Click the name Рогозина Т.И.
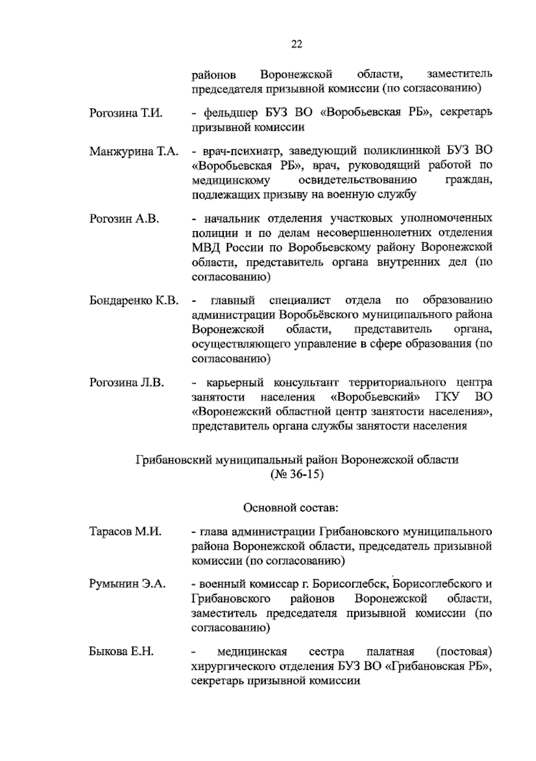(126, 113)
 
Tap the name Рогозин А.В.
(124, 219)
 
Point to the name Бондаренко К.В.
(134, 301)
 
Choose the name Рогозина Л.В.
(127, 383)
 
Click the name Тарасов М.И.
(125, 532)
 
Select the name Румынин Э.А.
(127, 584)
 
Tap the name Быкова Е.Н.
(121, 652)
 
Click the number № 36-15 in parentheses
(297, 474)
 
